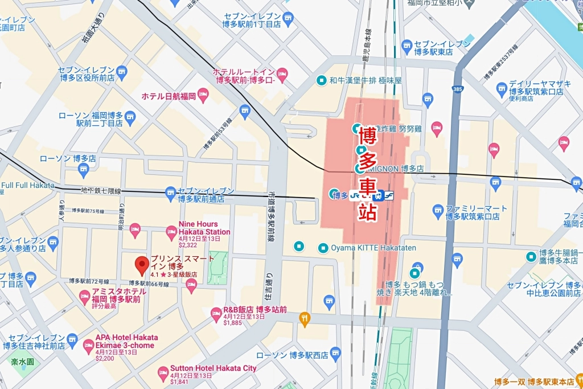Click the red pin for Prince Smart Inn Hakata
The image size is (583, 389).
141,265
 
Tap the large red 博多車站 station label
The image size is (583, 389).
367,174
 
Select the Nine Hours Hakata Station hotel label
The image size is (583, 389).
204,228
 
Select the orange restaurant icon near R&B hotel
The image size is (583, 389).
305,320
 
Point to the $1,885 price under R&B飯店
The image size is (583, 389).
233,323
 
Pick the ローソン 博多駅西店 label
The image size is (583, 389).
292,355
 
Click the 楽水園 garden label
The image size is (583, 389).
23,361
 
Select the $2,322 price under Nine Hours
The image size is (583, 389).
187,245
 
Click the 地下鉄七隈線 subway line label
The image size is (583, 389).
101,191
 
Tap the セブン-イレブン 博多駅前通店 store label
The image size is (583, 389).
206,195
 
